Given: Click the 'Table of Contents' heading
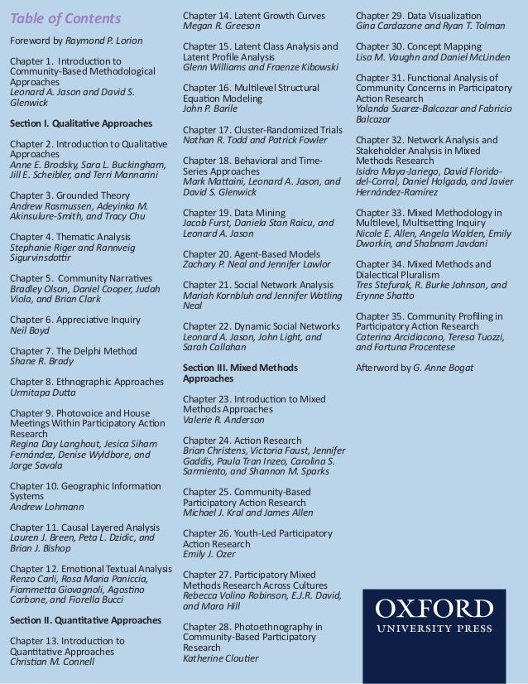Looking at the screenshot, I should tap(65, 18).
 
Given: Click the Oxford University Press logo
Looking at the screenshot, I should tap(434, 617).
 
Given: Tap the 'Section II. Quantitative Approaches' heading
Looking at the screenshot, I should tap(85, 619).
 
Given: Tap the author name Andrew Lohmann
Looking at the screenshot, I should tap(46, 507).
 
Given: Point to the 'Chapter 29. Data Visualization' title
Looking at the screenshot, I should tap(418, 16).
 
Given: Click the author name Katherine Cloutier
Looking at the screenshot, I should tap(220, 658).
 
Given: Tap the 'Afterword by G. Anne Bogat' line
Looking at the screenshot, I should tap(415, 367).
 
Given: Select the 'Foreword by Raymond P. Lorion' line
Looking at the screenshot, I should tap(75, 41).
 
